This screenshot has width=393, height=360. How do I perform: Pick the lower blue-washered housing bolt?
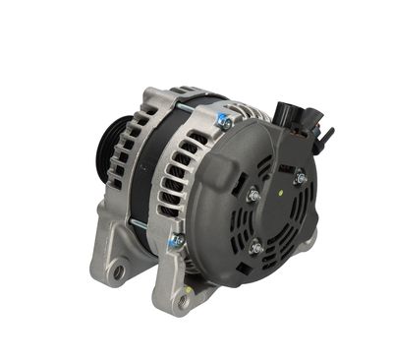point(177,240)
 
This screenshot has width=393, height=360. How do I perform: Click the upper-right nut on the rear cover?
point(300,178)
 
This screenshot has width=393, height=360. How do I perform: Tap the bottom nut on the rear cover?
point(257,247)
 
